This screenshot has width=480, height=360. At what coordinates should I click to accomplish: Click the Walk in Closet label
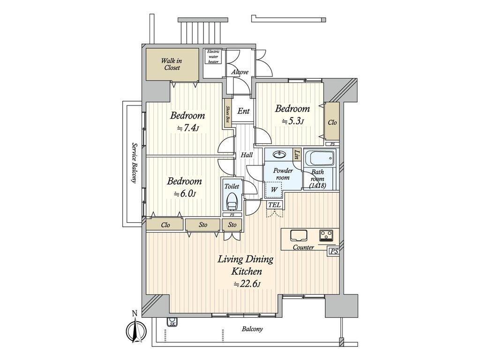[x=172, y=64]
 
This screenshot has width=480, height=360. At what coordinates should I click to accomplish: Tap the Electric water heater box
[x=213, y=56]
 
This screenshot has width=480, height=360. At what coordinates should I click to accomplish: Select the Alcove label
[x=240, y=72]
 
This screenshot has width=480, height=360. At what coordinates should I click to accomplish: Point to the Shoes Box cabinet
[x=227, y=114]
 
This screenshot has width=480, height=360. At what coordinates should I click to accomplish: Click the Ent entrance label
[x=243, y=111]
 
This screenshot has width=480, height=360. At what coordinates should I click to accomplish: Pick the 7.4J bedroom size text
[x=187, y=128]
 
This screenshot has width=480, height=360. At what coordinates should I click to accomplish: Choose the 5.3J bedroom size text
[x=292, y=121]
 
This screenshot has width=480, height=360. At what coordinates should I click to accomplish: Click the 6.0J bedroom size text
[x=185, y=194]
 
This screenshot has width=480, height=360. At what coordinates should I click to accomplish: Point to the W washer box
[x=274, y=190]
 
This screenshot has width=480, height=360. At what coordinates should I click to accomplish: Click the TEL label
[x=275, y=205]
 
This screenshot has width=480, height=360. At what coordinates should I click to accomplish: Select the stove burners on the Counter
[x=326, y=235]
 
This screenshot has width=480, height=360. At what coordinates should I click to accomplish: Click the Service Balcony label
[x=134, y=162]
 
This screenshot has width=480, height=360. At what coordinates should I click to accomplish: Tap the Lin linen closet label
[x=297, y=153]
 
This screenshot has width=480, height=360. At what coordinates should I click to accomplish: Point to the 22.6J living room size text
[x=247, y=285]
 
